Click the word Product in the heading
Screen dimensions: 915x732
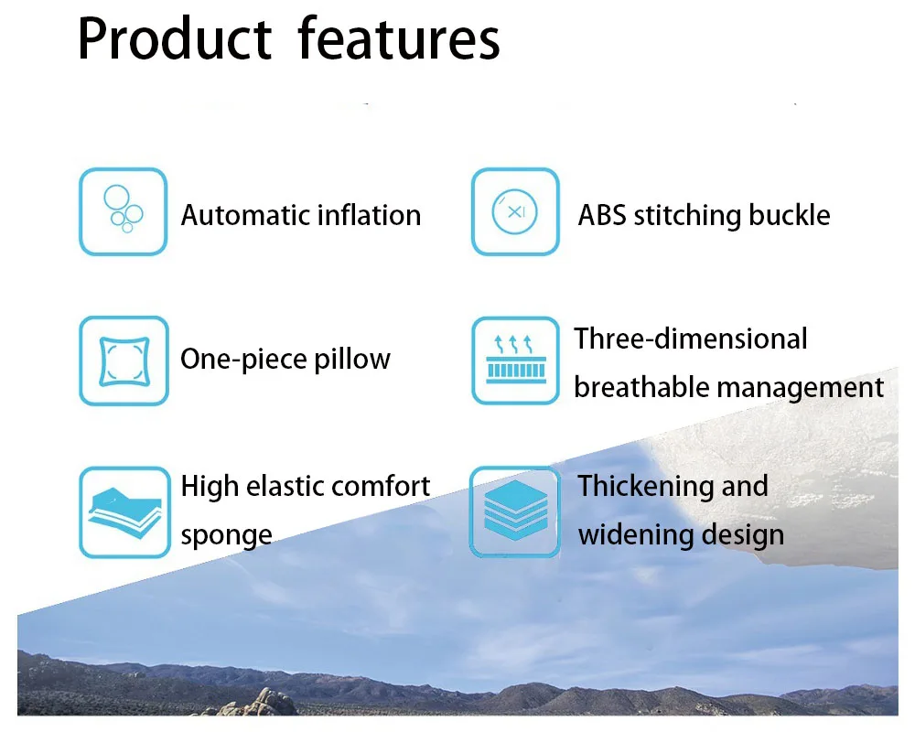[175, 38]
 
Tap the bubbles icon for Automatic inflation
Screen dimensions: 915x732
[124, 211]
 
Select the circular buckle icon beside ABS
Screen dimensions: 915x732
[515, 211]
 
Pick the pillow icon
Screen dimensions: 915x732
[124, 361]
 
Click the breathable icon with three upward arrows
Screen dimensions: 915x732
[515, 361]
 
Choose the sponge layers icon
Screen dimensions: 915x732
[124, 511]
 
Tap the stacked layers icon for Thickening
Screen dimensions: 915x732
[515, 511]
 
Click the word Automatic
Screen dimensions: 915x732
[245, 215]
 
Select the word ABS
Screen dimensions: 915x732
[602, 215]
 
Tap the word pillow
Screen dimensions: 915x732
[352, 360]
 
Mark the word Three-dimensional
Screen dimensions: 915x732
[691, 339]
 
